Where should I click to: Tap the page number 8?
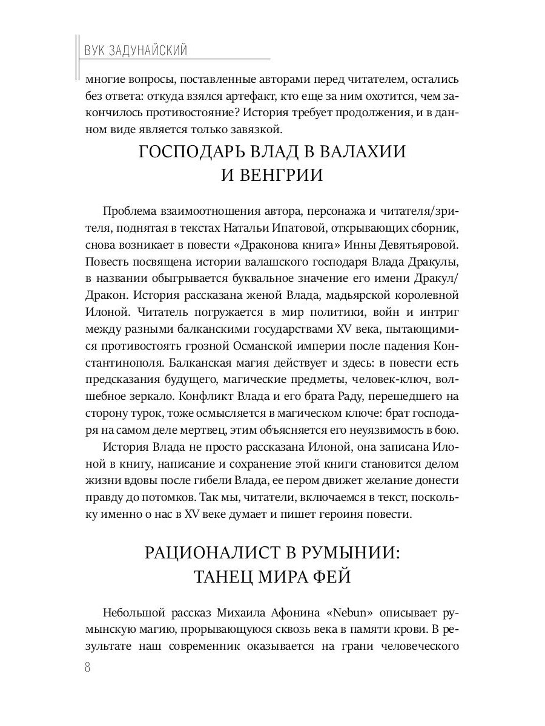[x=87, y=667]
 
